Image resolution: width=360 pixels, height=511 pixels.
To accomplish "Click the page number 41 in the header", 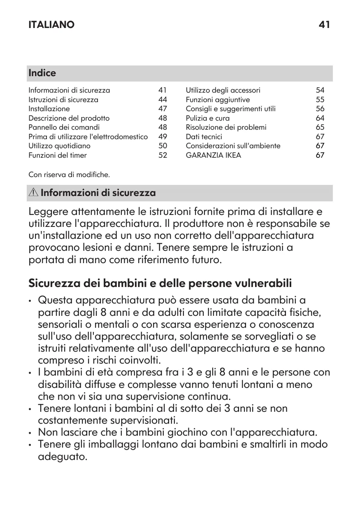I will (x=324, y=25).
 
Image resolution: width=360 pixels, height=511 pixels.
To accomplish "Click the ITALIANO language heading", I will (x=51, y=25).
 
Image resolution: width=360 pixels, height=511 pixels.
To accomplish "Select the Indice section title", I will (x=42, y=73).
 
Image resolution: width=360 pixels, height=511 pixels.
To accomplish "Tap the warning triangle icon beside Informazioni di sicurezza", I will (x=34, y=193).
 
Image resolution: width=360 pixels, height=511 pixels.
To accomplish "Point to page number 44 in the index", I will (x=163, y=100).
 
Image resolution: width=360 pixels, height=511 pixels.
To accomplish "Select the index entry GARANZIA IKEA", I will (x=214, y=155).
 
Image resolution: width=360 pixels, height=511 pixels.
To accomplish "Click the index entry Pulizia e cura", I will (x=208, y=118).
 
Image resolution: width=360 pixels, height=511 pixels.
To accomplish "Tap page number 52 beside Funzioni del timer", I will (x=163, y=155).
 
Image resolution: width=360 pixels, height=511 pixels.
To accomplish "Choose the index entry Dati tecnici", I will (x=204, y=137).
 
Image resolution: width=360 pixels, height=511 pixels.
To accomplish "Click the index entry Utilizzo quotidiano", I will (x=59, y=146).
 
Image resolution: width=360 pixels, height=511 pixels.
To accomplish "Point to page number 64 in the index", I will (x=320, y=118).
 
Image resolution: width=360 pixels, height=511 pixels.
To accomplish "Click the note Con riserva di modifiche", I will (x=69, y=175).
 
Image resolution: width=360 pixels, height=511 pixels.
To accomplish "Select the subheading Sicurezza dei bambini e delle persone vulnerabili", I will (x=160, y=284).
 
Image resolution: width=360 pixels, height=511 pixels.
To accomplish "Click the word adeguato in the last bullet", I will (x=62, y=457).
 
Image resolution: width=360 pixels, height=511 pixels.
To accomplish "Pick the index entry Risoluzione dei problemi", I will (x=226, y=127).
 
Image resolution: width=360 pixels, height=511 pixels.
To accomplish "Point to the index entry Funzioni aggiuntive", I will (x=218, y=100).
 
